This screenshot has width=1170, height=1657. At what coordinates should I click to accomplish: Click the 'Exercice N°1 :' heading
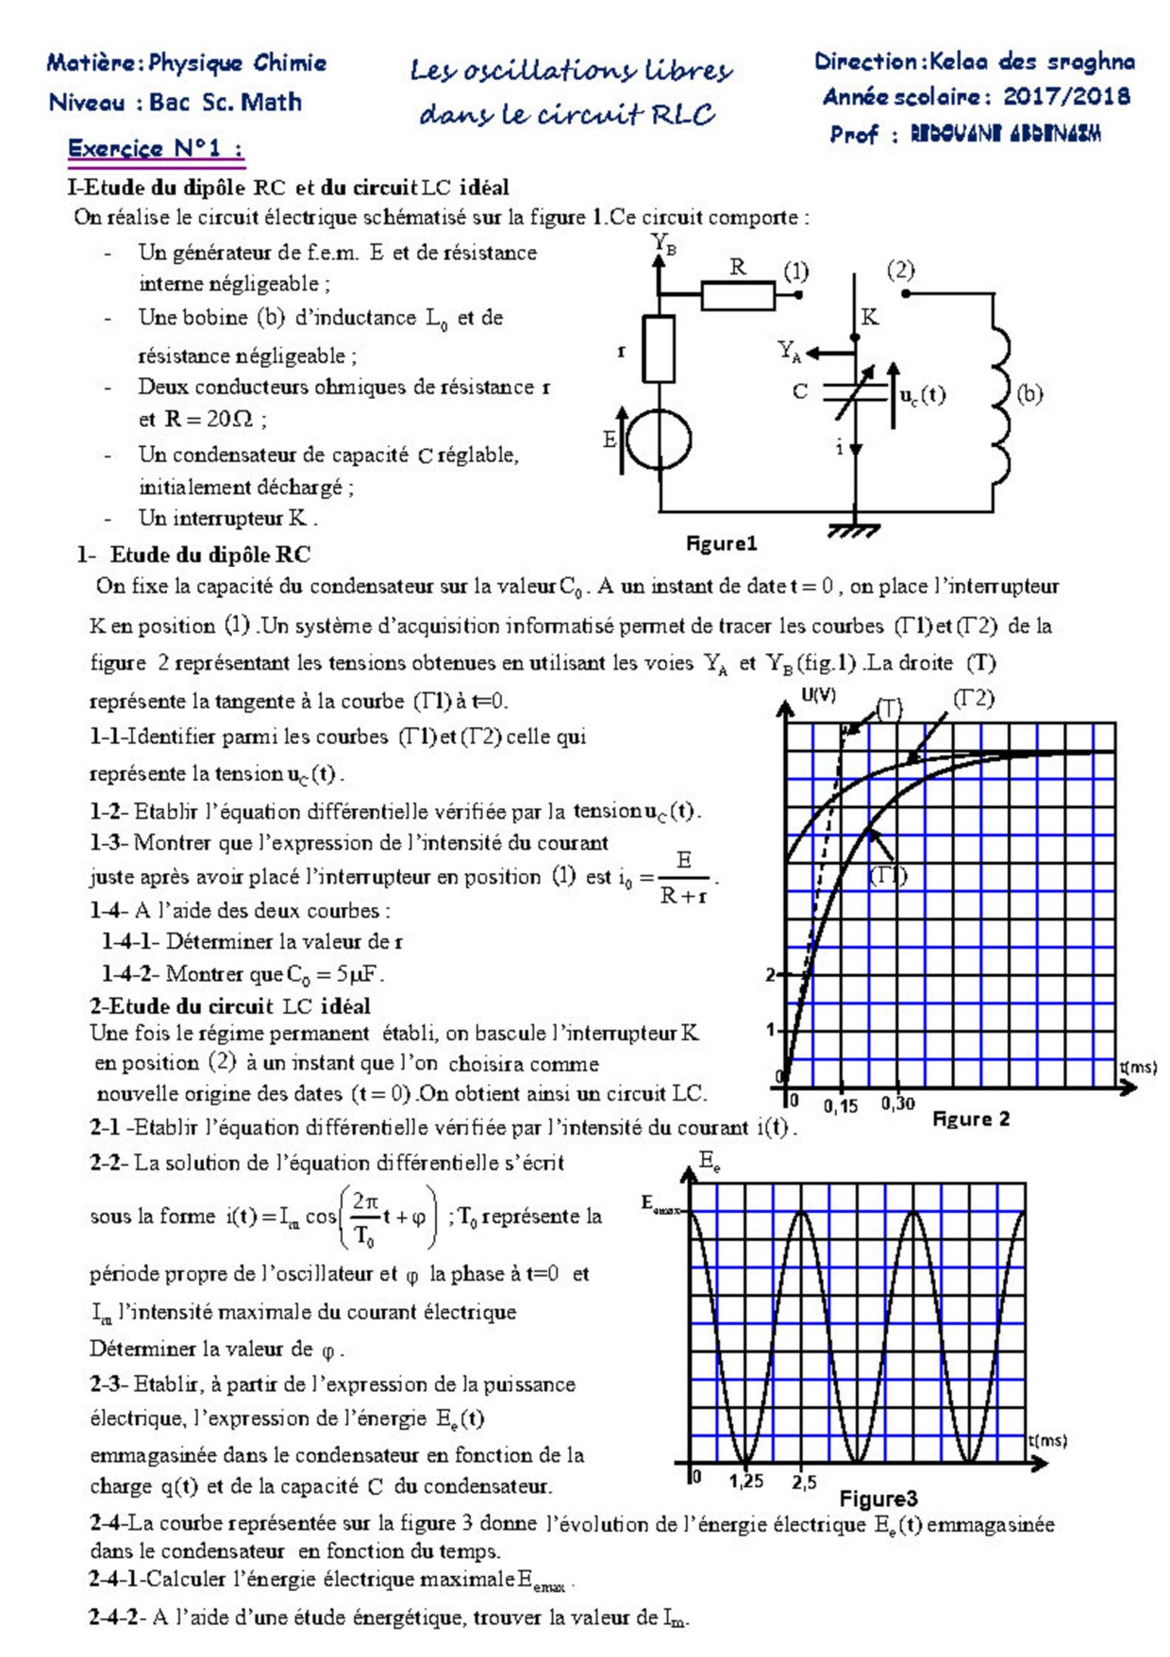pyautogui.click(x=155, y=148)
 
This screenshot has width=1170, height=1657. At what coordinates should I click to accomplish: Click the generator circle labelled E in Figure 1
pyautogui.click(x=660, y=439)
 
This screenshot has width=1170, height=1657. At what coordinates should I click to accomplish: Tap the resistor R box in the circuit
pyautogui.click(x=737, y=295)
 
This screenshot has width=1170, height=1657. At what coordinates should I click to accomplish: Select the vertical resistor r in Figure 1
pyautogui.click(x=659, y=349)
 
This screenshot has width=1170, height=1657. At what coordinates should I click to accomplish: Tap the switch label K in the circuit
pyautogui.click(x=869, y=317)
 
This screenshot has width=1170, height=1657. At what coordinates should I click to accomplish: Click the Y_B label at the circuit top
pyautogui.click(x=663, y=244)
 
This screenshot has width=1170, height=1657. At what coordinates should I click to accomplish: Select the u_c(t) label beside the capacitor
pyautogui.click(x=922, y=395)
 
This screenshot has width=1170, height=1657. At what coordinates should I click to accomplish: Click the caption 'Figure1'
pyautogui.click(x=721, y=543)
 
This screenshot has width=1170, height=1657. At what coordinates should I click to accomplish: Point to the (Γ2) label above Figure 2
pyautogui.click(x=973, y=698)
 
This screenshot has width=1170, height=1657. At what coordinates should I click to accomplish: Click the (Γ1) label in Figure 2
pyautogui.click(x=887, y=875)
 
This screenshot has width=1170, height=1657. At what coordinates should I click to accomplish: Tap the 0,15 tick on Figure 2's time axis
pyautogui.click(x=841, y=1105)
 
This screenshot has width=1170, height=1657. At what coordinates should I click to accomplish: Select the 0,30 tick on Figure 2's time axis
pyautogui.click(x=897, y=1103)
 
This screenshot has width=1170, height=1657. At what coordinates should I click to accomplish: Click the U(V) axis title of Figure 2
pyautogui.click(x=818, y=696)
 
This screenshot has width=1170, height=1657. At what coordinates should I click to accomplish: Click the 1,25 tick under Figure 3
pyautogui.click(x=745, y=1481)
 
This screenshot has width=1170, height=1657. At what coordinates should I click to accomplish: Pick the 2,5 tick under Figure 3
pyautogui.click(x=804, y=1482)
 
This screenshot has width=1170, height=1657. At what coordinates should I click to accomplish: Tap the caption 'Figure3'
pyautogui.click(x=877, y=1499)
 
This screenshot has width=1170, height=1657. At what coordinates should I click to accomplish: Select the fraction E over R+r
pyautogui.click(x=684, y=877)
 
